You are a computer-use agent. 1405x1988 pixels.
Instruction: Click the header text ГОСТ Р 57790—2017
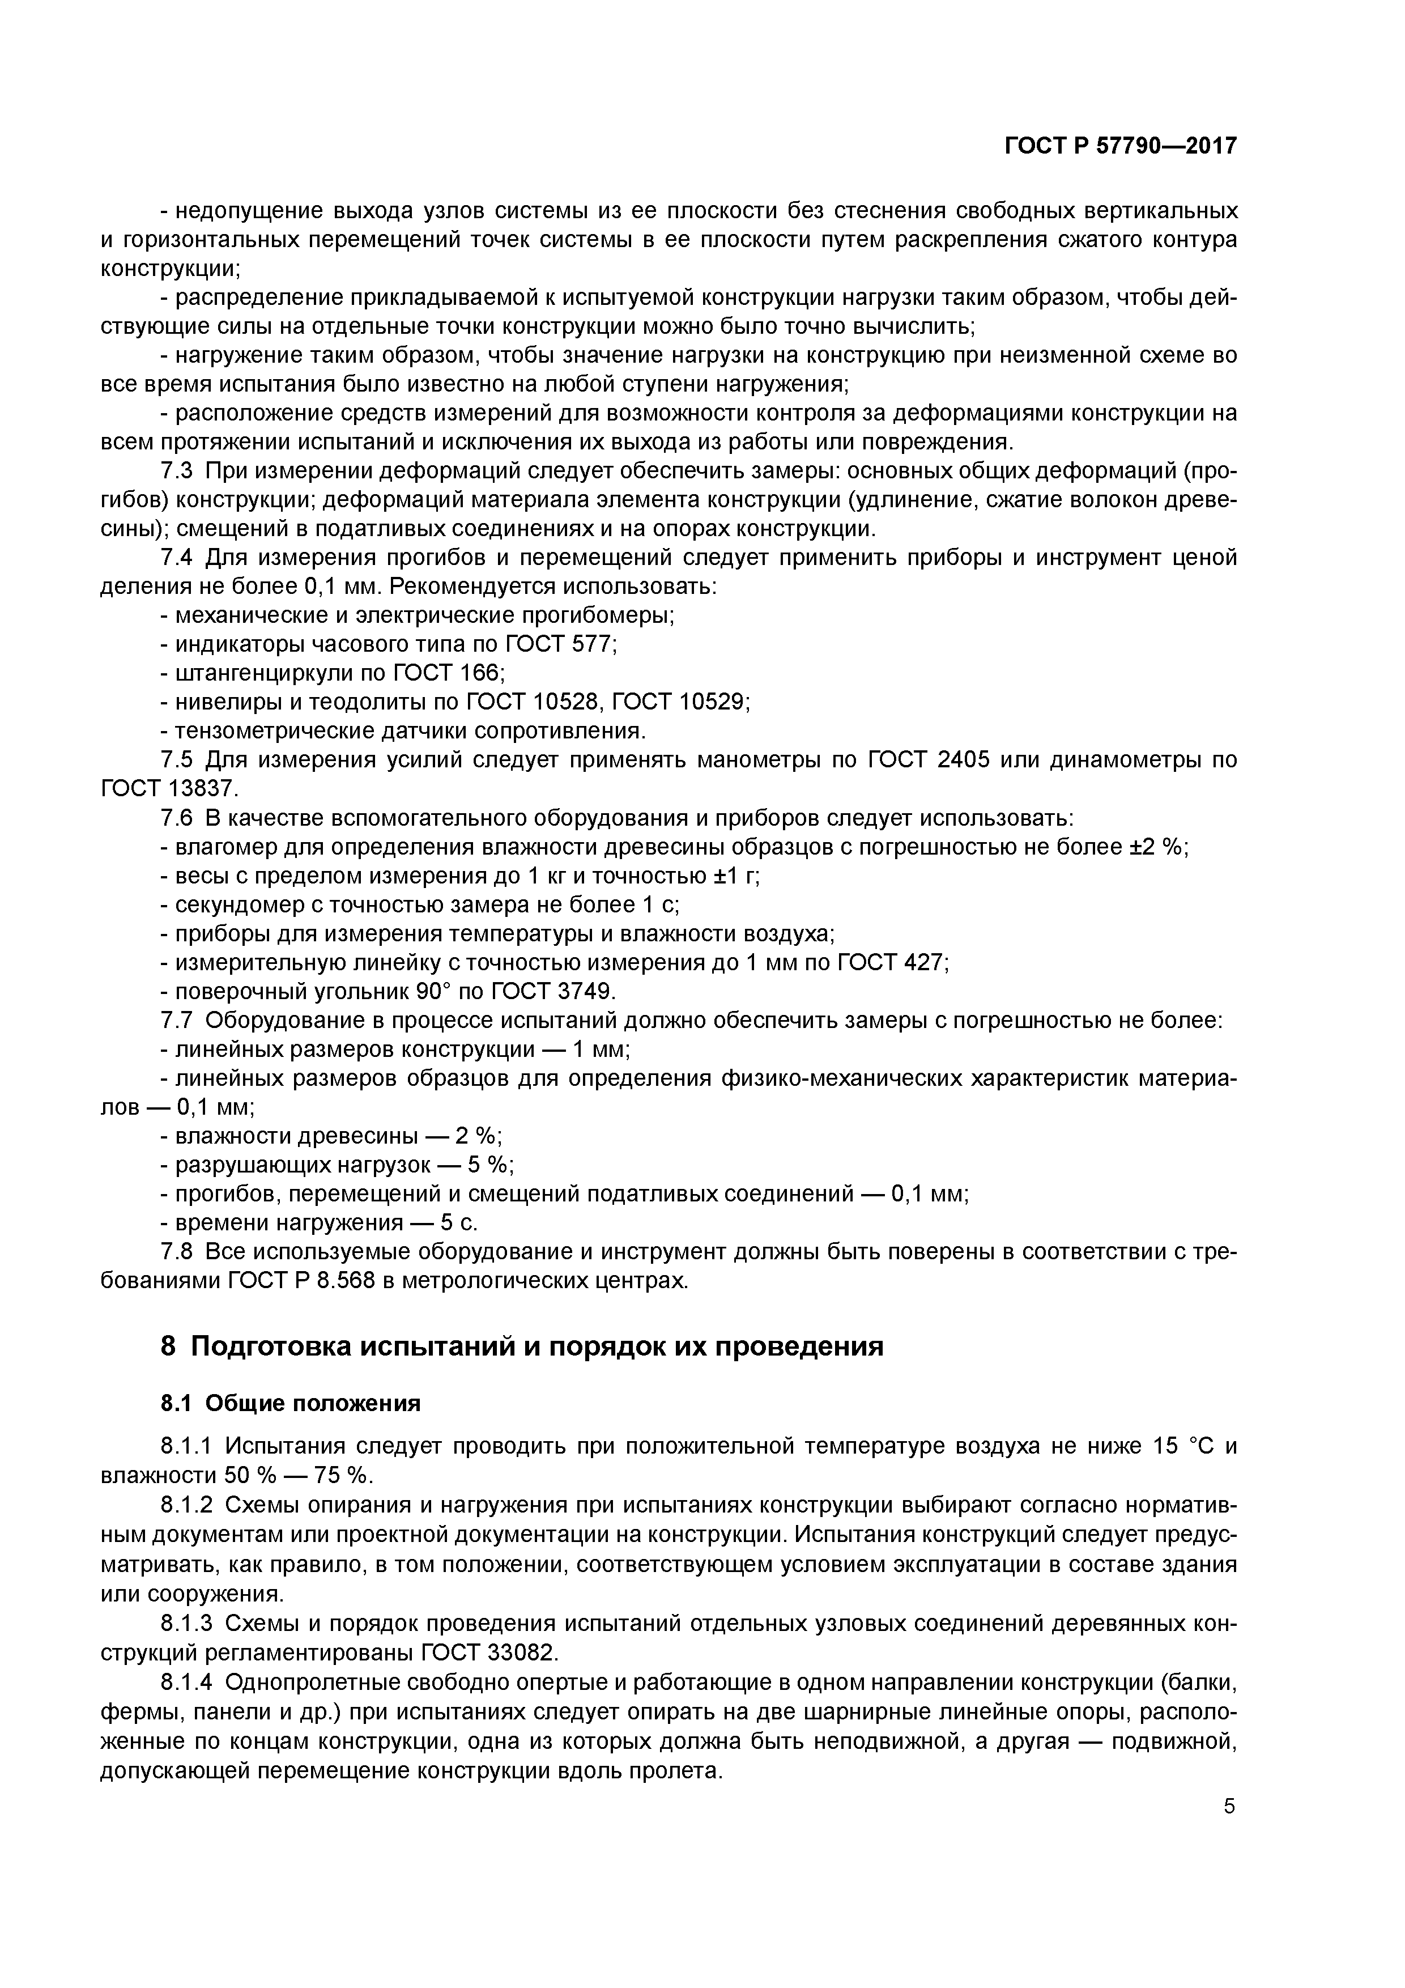(1120, 146)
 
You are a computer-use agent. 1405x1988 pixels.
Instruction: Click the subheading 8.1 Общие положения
(290, 1403)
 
